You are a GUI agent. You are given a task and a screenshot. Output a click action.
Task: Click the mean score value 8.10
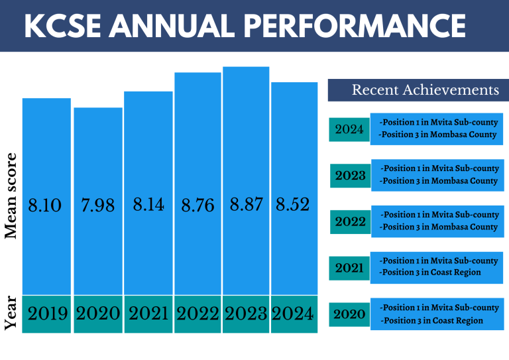[x=45, y=206]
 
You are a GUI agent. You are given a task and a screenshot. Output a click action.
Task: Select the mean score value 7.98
[x=97, y=206]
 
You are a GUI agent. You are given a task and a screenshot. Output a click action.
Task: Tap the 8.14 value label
[x=148, y=205]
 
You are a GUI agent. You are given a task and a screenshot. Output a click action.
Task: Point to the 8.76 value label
[x=198, y=206]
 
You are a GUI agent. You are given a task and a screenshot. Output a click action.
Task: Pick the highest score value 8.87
[x=246, y=205]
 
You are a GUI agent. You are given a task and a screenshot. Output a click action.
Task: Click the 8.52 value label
[x=293, y=205]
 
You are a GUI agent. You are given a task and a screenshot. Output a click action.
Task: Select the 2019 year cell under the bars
[x=47, y=314]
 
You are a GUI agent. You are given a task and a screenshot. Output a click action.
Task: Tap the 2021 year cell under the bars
[x=148, y=314]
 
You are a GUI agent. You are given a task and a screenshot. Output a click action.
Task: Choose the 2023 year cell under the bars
[x=246, y=314]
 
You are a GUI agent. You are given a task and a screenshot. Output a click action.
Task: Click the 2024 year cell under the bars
[x=294, y=314]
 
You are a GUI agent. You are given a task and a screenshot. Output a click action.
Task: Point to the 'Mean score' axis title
[x=11, y=196]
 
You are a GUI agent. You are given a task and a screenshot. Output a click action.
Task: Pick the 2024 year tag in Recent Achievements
[x=349, y=129]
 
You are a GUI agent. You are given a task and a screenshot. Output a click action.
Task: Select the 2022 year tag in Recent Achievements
[x=350, y=221]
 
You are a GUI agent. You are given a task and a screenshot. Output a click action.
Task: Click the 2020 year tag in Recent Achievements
[x=349, y=314]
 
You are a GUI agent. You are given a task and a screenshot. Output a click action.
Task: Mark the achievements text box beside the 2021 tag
[x=437, y=267]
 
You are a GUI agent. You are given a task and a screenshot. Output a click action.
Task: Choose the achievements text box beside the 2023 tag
[x=437, y=175]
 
